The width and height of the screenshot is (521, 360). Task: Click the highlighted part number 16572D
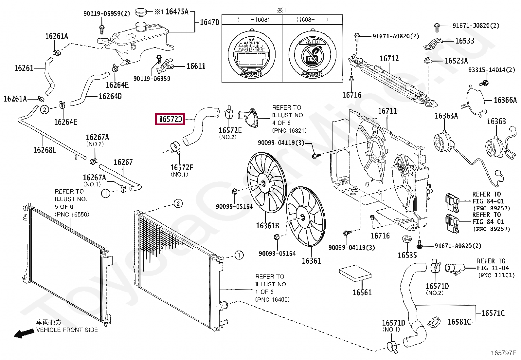click(170, 119)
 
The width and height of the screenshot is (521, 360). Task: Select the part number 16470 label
click(209, 22)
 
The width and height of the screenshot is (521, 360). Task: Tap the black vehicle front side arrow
click(24, 333)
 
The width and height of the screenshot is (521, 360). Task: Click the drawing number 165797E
click(503, 353)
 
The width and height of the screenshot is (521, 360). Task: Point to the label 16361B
click(267, 226)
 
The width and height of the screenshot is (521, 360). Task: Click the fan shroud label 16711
click(387, 111)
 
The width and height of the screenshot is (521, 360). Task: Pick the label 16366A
click(505, 100)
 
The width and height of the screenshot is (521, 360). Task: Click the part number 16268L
click(45, 150)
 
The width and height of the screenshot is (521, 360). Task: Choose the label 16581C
click(459, 322)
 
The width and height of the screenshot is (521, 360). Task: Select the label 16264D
click(110, 96)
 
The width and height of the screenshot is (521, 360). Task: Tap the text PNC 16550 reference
click(72, 215)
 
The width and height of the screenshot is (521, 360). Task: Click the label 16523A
click(456, 61)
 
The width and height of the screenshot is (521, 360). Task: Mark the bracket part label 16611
click(196, 66)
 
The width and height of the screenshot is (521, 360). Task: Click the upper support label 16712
click(389, 59)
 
